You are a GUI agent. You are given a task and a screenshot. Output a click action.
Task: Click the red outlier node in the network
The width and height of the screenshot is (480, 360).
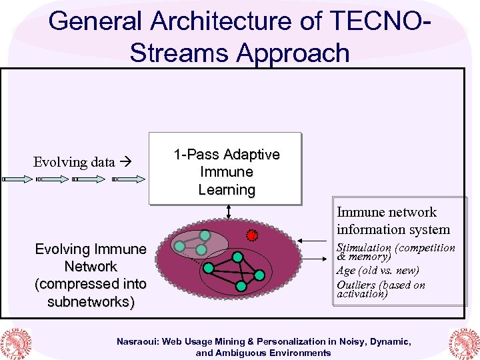(x=252, y=235)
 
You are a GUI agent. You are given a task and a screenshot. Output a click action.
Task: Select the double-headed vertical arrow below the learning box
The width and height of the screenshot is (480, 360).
(x=228, y=211)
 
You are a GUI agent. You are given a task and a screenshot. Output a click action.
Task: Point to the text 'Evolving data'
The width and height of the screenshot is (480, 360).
(x=74, y=162)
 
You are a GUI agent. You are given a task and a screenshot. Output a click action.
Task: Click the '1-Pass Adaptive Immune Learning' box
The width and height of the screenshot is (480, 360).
(x=226, y=172)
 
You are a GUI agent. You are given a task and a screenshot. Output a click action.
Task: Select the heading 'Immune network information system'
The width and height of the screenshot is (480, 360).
(x=393, y=221)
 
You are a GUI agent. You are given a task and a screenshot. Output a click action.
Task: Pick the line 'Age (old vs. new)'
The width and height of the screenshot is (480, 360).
(x=377, y=271)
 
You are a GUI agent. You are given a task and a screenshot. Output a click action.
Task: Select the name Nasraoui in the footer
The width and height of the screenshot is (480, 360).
(x=141, y=341)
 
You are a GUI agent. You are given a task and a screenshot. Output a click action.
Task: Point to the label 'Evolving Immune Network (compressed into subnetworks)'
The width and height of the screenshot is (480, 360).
(x=91, y=275)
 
